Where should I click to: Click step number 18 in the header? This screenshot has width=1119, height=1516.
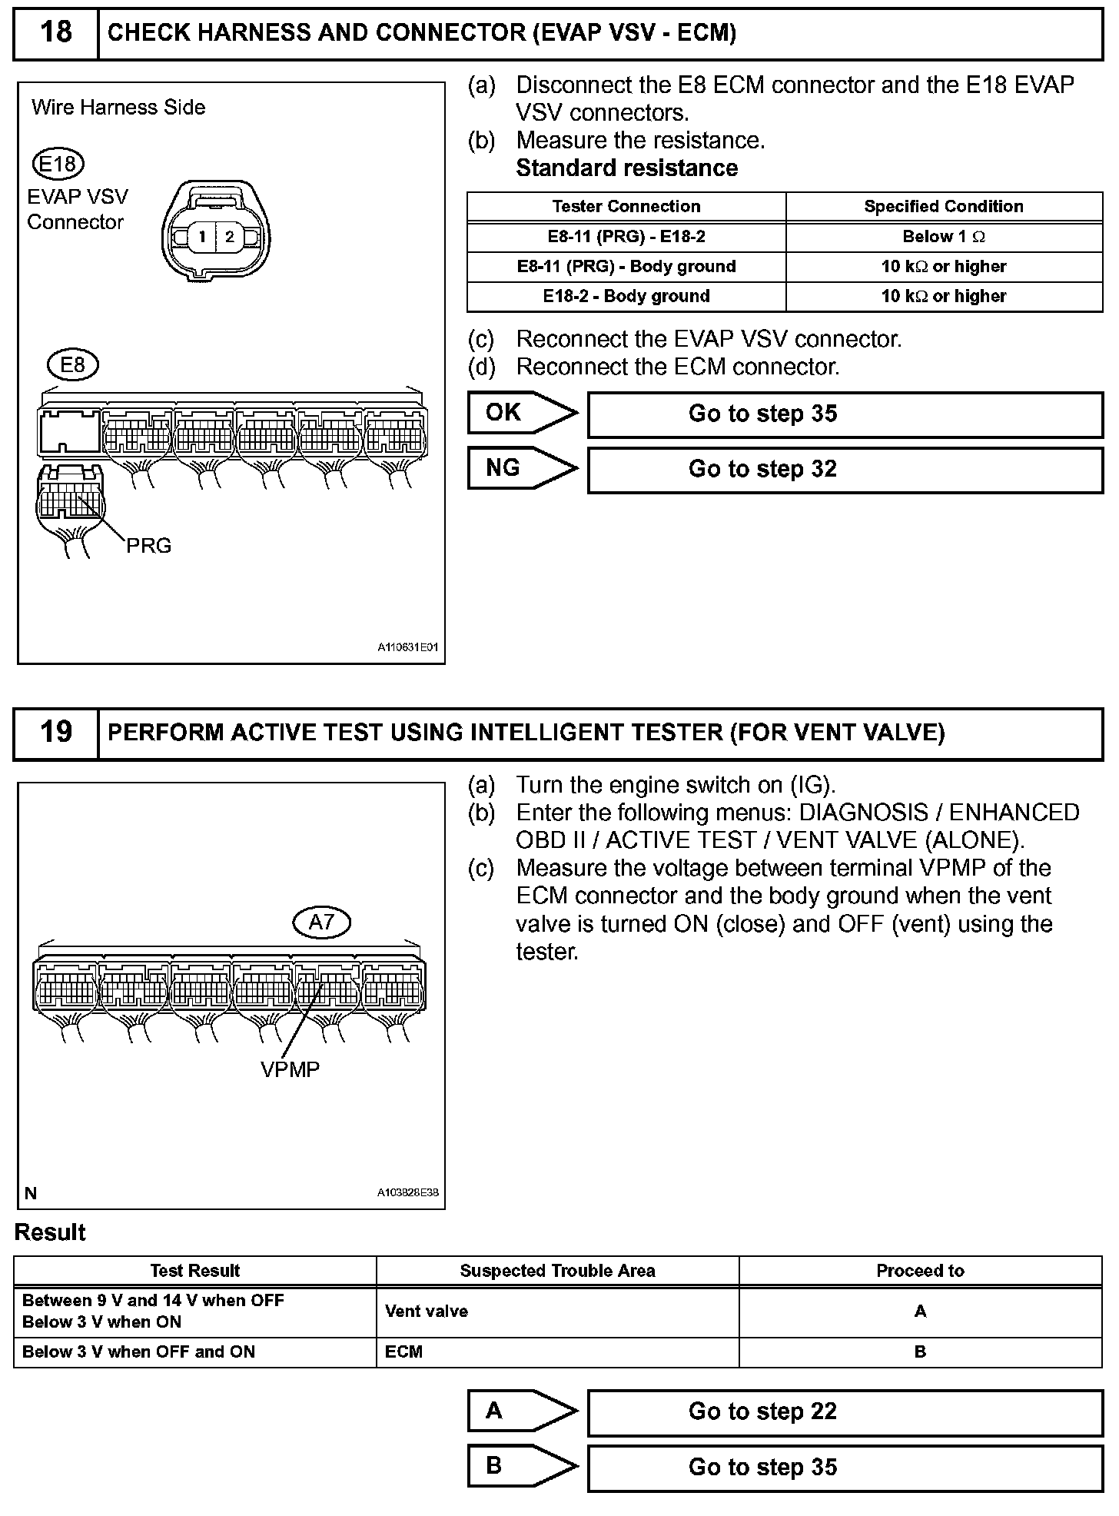coord(56,32)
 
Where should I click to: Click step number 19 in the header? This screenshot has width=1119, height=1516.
coord(56,731)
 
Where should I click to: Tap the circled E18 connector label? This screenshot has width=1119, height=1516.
coord(58,164)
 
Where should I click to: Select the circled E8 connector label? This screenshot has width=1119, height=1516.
coord(72,364)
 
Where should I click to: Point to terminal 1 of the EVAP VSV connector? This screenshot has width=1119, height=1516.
coord(201,237)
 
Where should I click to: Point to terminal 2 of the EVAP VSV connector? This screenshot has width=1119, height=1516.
coord(229,237)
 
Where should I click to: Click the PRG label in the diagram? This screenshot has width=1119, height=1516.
coord(148,546)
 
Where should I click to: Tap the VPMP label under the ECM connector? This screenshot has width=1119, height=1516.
coord(290,1069)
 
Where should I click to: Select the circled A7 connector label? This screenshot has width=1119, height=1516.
coord(321,922)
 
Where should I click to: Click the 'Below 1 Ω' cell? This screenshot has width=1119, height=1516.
coord(943,237)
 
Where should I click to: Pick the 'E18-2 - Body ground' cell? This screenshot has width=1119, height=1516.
coord(626,296)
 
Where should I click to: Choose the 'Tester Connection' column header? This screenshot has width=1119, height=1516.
coord(626,206)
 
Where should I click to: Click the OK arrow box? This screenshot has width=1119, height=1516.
coord(521,413)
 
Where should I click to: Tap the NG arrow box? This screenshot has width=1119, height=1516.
coord(521,468)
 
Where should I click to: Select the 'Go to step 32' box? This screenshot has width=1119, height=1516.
coord(845,469)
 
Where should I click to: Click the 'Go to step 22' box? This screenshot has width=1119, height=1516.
coord(845,1411)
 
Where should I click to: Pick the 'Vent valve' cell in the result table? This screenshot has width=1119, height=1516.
coord(427,1312)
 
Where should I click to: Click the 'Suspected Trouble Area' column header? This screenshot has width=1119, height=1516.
coord(557,1271)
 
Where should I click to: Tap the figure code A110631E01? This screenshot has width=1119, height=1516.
coord(407,648)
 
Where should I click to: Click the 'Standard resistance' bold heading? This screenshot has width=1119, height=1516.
coord(626,168)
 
